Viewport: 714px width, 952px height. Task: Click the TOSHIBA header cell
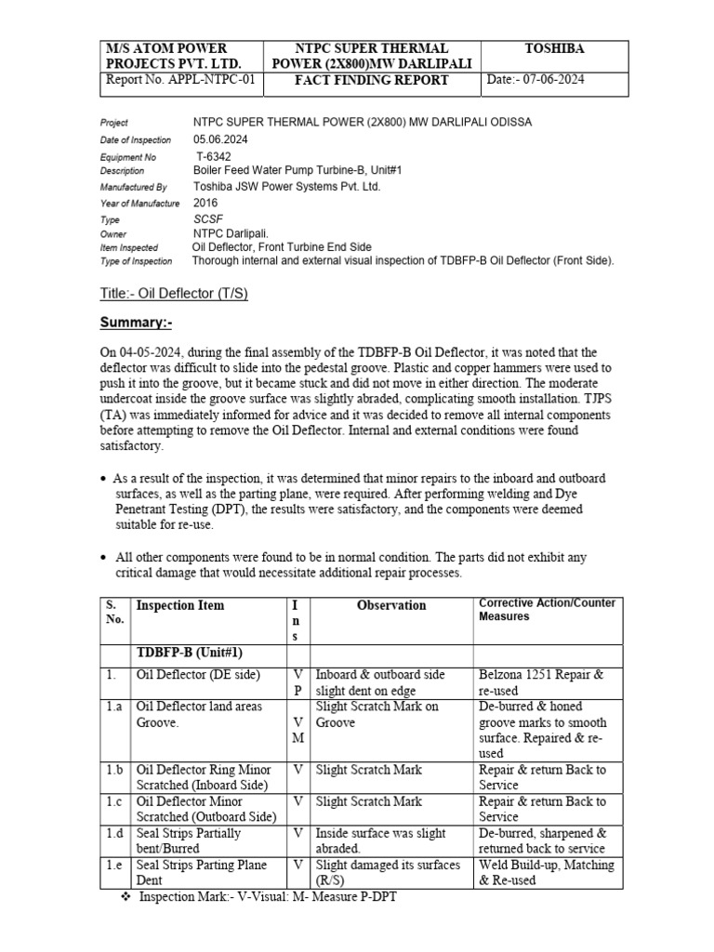pyautogui.click(x=554, y=48)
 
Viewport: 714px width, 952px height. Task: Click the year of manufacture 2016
pyautogui.click(x=205, y=203)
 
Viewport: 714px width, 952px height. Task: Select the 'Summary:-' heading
pyautogui.click(x=136, y=323)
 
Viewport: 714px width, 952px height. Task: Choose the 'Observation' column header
pyautogui.click(x=391, y=605)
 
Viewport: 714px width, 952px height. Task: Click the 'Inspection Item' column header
pyautogui.click(x=180, y=605)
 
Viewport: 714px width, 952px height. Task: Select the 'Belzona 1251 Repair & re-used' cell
pyautogui.click(x=541, y=682)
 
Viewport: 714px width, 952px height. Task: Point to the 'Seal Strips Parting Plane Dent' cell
pyautogui.click(x=202, y=872)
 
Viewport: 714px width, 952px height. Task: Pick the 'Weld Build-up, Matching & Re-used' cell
pyautogui.click(x=546, y=872)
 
